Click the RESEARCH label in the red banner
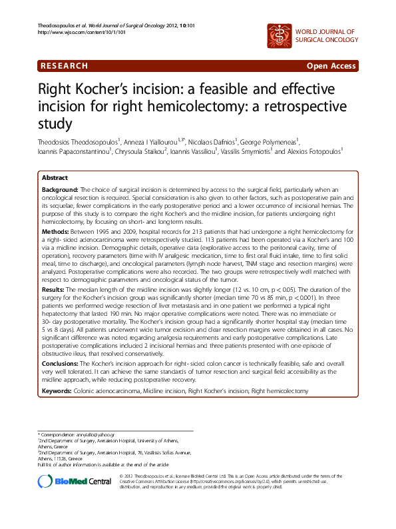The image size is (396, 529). pos(65,66)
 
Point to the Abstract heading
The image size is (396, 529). pos(55,179)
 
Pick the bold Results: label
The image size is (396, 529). pos(55,290)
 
